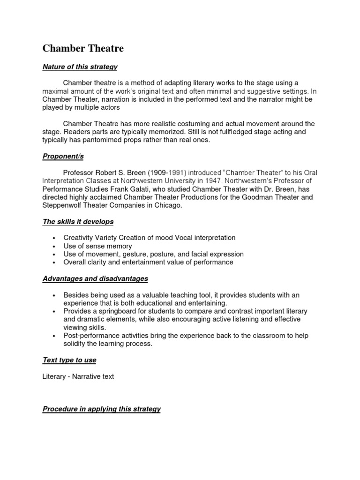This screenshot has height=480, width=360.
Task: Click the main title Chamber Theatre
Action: [83, 48]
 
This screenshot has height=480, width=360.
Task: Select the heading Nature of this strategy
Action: [80, 67]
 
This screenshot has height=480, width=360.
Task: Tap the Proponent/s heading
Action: [63, 156]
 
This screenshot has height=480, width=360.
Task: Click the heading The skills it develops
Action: [78, 221]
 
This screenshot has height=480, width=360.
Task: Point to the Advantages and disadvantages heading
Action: [95, 278]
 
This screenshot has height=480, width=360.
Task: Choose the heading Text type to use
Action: [69, 360]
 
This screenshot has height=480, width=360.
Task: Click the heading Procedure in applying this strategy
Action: [102, 409]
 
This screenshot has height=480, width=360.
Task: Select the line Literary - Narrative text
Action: [78, 376]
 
